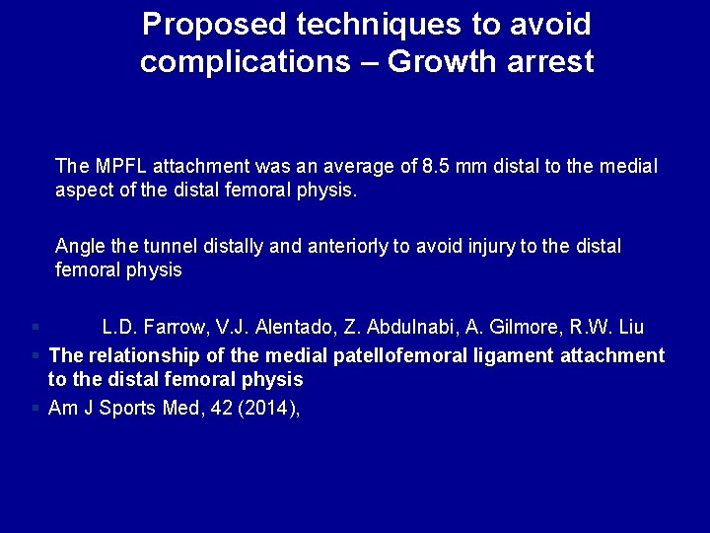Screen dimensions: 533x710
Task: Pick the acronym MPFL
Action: [114, 166]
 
